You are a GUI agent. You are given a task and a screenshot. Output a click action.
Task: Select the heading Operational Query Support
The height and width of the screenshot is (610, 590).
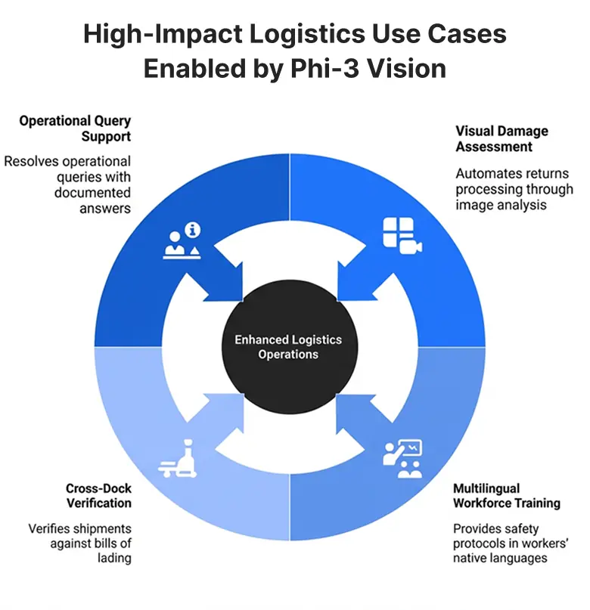coord(75,129)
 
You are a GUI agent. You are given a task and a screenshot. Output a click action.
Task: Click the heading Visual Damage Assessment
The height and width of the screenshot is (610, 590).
coord(501,138)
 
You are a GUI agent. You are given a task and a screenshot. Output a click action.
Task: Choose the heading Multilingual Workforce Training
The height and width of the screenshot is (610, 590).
coord(506,495)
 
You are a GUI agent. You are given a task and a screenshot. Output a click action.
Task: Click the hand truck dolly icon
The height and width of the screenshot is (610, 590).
coord(178,462)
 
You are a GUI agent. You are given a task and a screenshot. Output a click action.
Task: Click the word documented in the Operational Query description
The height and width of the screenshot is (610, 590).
coord(92,193)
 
